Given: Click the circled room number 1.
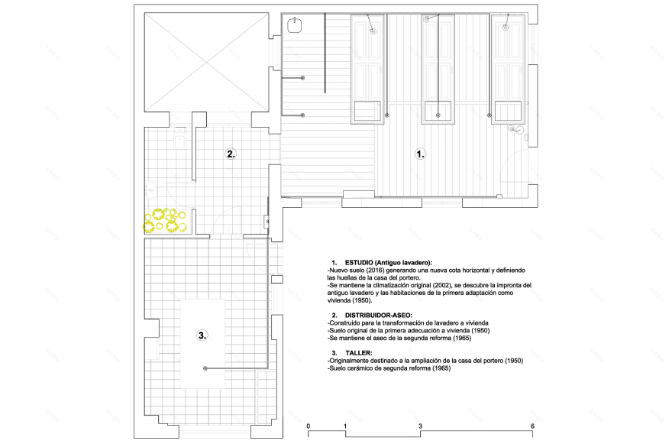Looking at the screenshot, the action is [x=421, y=154].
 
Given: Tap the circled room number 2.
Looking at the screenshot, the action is [x=231, y=154].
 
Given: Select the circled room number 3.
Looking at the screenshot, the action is [x=202, y=335].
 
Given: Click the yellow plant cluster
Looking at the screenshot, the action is [x=165, y=221].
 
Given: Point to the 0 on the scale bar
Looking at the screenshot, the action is [x=309, y=426].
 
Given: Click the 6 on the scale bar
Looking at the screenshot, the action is [x=533, y=426].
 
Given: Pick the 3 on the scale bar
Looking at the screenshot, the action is [x=421, y=426].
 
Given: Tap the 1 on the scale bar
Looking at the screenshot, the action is [x=345, y=426].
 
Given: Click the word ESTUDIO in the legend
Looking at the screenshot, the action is [x=359, y=263].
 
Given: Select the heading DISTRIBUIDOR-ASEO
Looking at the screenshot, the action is [x=379, y=315].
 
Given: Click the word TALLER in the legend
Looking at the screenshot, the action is [x=359, y=353].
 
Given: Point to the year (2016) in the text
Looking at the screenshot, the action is [x=369, y=271].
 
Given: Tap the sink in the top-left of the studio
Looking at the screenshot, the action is [x=295, y=25].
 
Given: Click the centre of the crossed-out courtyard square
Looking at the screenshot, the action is [x=207, y=63].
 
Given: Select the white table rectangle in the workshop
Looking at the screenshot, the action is [x=202, y=344].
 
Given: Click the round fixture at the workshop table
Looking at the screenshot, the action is [x=205, y=368].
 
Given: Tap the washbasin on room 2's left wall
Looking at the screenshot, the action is [x=150, y=190].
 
